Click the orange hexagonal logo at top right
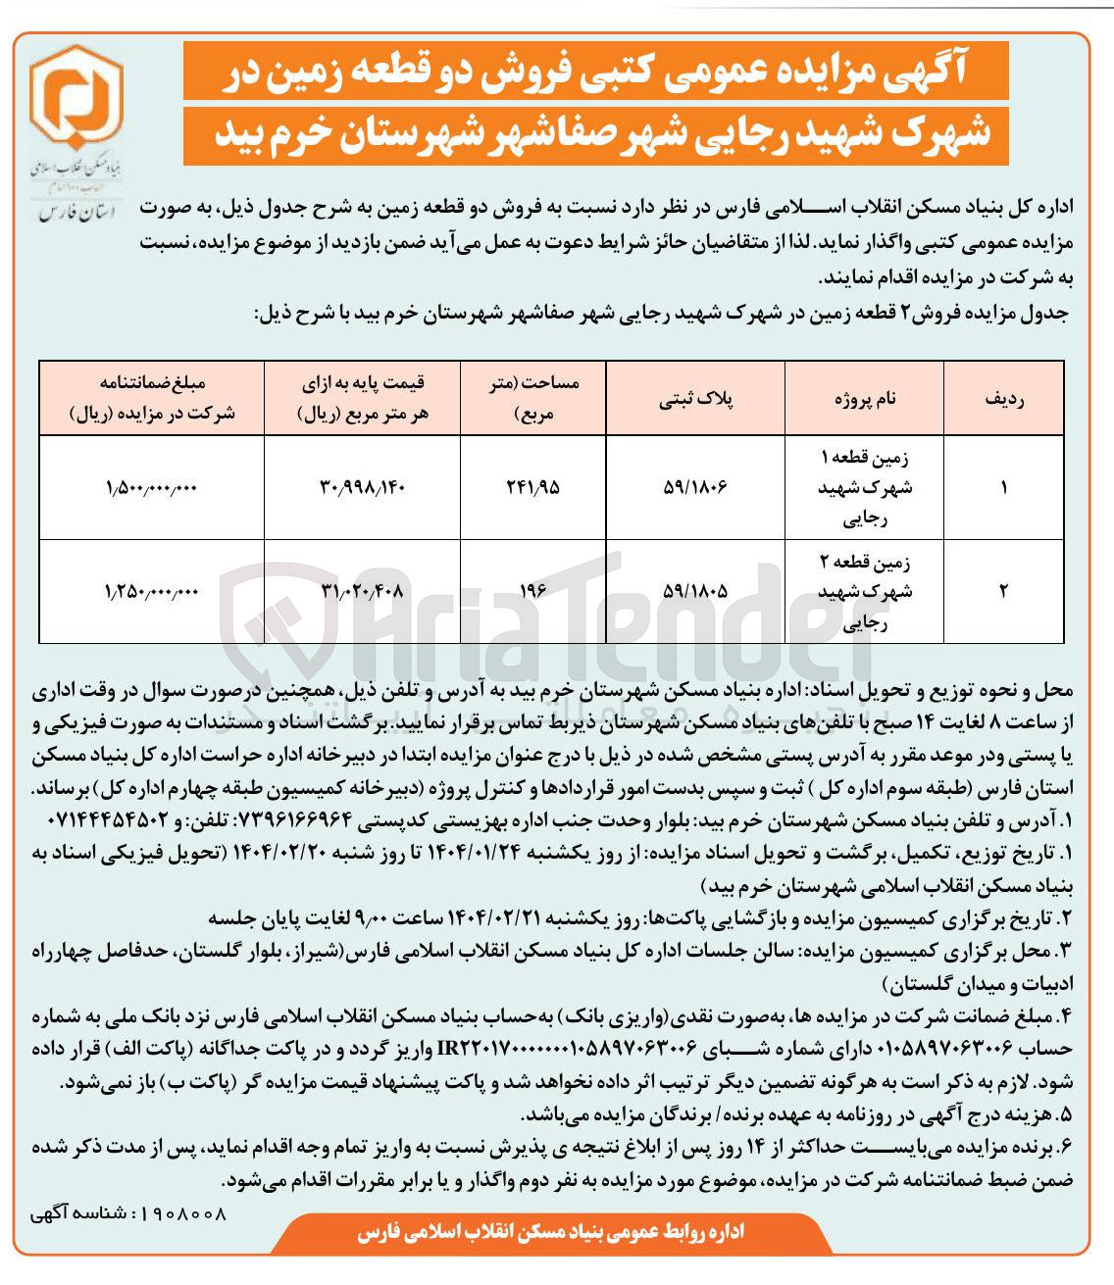[x=76, y=98]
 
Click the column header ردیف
[x=1003, y=399]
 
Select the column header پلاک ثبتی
[x=698, y=399]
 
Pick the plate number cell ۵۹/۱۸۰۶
[x=697, y=487]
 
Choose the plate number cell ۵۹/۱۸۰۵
[x=697, y=591]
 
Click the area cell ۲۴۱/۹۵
[x=534, y=487]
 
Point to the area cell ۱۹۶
[x=534, y=591]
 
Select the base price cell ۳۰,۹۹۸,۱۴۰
[x=363, y=487]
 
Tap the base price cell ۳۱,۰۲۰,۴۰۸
[x=363, y=591]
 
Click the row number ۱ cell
[x=1003, y=487]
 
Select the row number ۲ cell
[x=1003, y=591]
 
